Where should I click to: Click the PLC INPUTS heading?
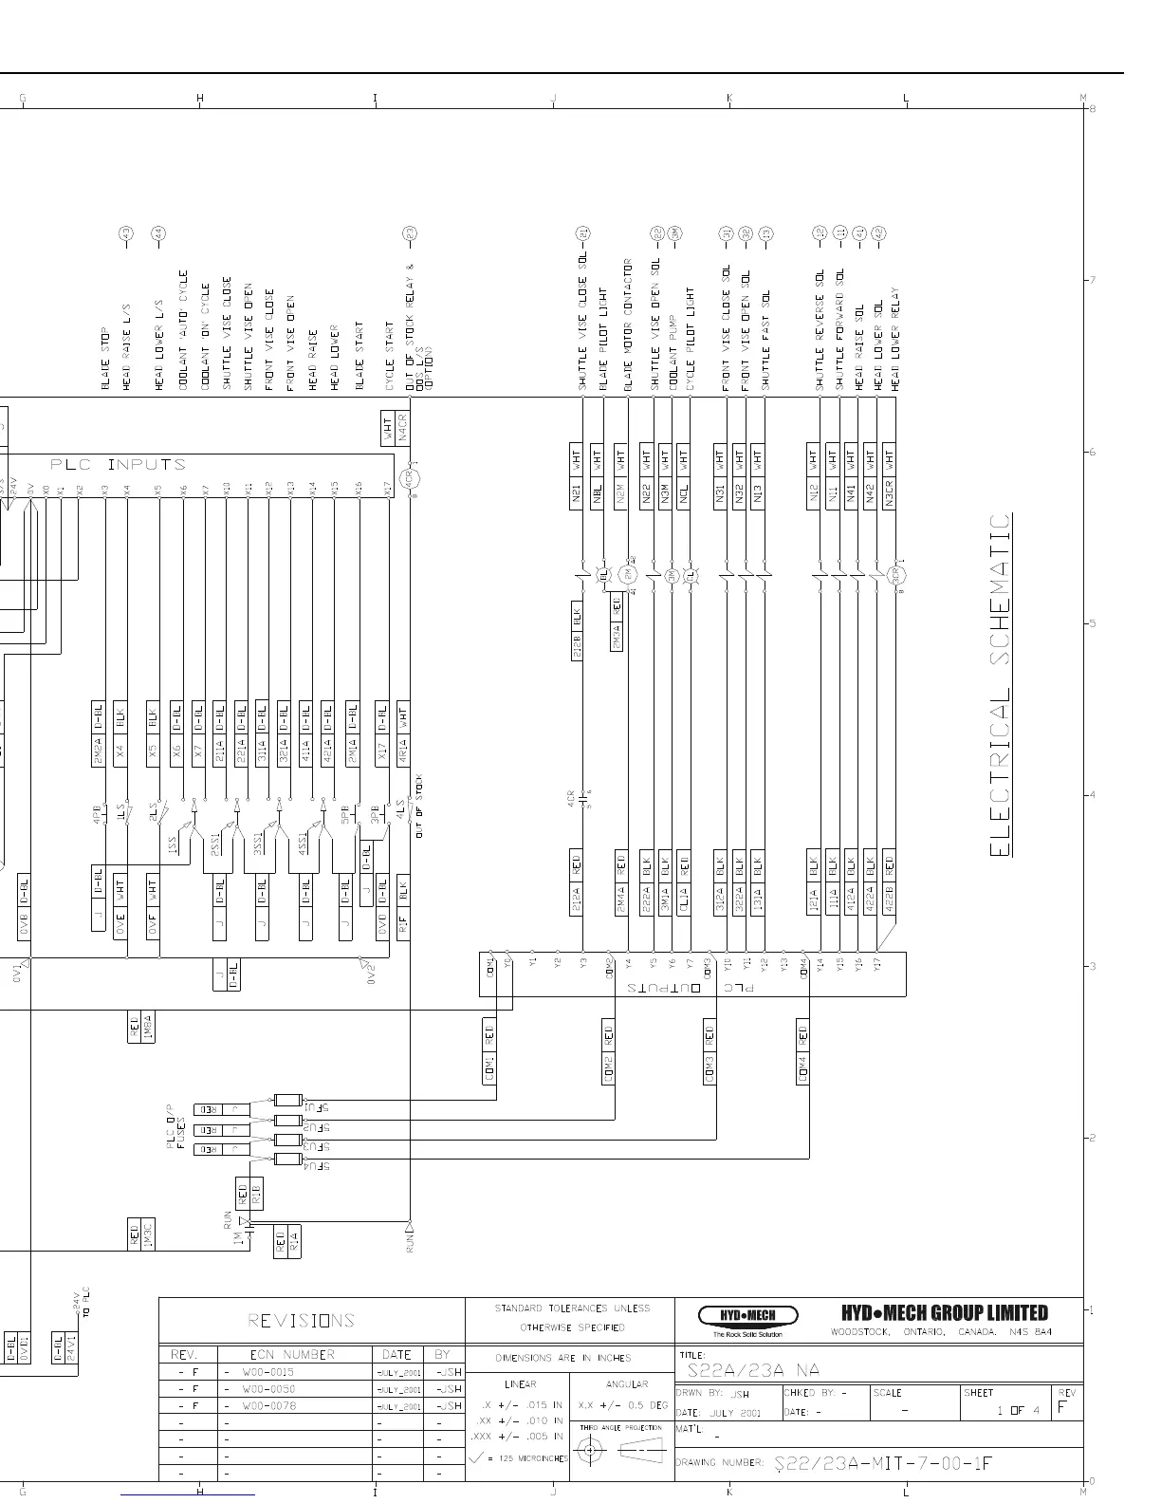118,464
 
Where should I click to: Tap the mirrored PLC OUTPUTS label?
691,988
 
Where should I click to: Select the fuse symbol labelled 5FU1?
288,1100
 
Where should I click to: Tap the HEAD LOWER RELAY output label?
894,339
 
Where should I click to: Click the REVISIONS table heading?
301,1320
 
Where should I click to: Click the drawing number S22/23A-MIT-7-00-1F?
882,1462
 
